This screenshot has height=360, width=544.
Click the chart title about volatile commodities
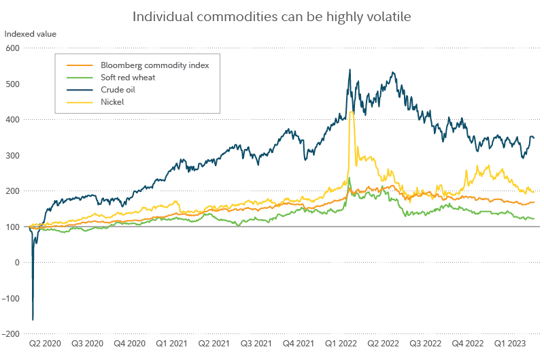[x=271, y=16]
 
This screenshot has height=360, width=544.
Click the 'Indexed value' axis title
[x=31, y=33]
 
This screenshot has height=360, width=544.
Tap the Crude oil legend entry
[x=118, y=90]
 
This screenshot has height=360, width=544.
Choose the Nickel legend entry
[x=112, y=102]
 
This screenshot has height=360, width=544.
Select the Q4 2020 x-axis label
[x=129, y=344]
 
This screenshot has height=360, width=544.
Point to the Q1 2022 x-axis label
[x=341, y=344]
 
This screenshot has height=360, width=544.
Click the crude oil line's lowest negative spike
[x=33, y=320]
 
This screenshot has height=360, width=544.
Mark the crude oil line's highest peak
[x=350, y=69]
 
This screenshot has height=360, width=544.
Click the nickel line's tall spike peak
[x=351, y=112]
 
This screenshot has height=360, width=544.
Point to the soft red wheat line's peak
[x=349, y=178]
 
